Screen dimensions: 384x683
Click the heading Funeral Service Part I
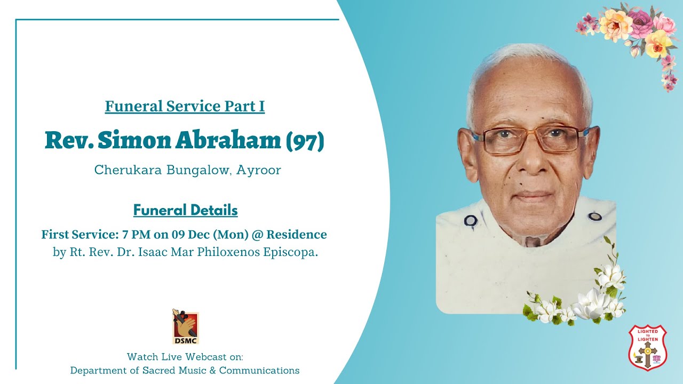[x=185, y=107]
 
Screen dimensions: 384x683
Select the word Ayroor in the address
[x=259, y=171]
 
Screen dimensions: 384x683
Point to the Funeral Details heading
[x=185, y=210]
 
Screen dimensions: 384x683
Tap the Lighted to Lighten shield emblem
[x=647, y=347]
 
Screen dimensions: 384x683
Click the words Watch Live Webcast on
[x=185, y=356]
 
